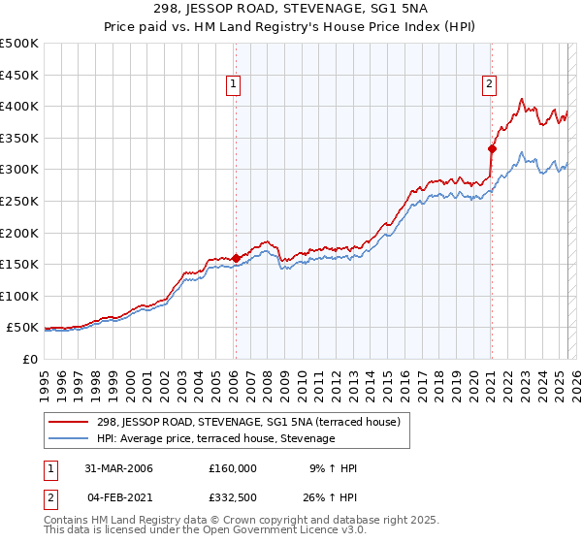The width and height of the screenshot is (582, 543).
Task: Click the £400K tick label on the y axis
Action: pyautogui.click(x=19, y=106)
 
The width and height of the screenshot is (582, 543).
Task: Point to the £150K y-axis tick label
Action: pyautogui.click(x=19, y=264)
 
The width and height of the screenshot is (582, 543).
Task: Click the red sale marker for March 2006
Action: pyautogui.click(x=236, y=258)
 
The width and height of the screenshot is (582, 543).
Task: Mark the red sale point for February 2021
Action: pyautogui.click(x=492, y=148)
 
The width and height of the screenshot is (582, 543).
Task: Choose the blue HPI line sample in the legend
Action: pyautogui.click(x=70, y=438)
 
